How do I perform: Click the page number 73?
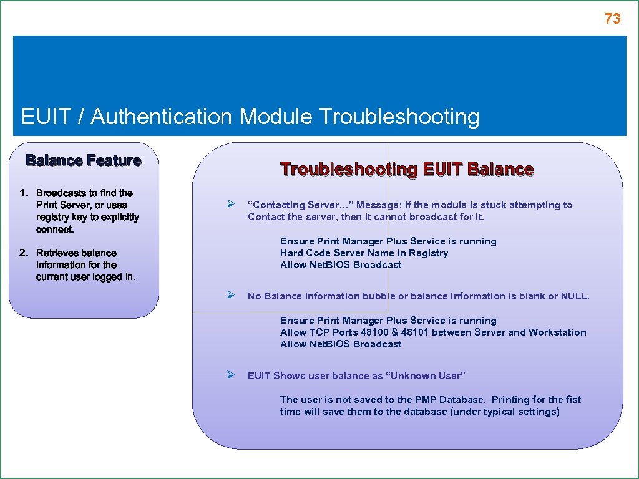coord(612,19)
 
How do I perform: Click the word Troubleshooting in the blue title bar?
coord(399,117)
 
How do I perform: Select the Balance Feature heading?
coord(83,161)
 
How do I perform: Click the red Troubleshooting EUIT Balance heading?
coord(407,169)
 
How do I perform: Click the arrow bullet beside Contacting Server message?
coord(230,205)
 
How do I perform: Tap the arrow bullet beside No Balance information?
coord(230,296)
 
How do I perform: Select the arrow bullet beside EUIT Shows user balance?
coord(230,375)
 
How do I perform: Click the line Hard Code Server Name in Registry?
coord(364,253)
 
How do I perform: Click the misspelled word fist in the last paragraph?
coord(573,400)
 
